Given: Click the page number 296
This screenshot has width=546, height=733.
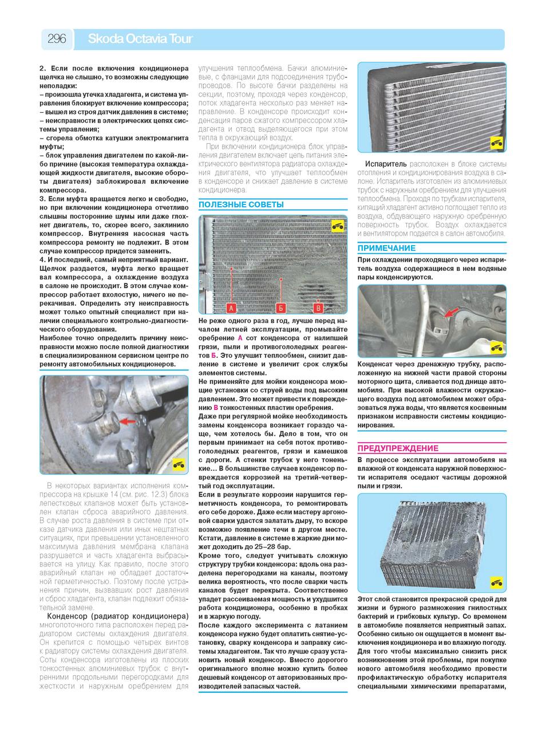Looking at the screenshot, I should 57,39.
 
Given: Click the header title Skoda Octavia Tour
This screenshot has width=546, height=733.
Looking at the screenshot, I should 140,39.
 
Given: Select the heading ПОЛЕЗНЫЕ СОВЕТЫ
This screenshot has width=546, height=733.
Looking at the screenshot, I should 241,204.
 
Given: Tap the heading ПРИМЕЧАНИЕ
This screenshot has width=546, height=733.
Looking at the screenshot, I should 386,248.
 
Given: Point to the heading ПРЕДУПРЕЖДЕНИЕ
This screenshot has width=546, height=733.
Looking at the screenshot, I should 398,448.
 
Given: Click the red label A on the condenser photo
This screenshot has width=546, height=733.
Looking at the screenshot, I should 232,308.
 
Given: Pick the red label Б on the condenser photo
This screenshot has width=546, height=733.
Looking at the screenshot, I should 280,308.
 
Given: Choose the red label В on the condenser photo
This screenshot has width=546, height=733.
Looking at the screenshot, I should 319,308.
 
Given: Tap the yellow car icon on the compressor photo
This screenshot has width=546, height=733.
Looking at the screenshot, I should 179,463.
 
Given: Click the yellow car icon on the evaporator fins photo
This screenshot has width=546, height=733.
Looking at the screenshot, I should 496,143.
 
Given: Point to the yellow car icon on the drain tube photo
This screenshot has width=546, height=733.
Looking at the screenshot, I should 496,347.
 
